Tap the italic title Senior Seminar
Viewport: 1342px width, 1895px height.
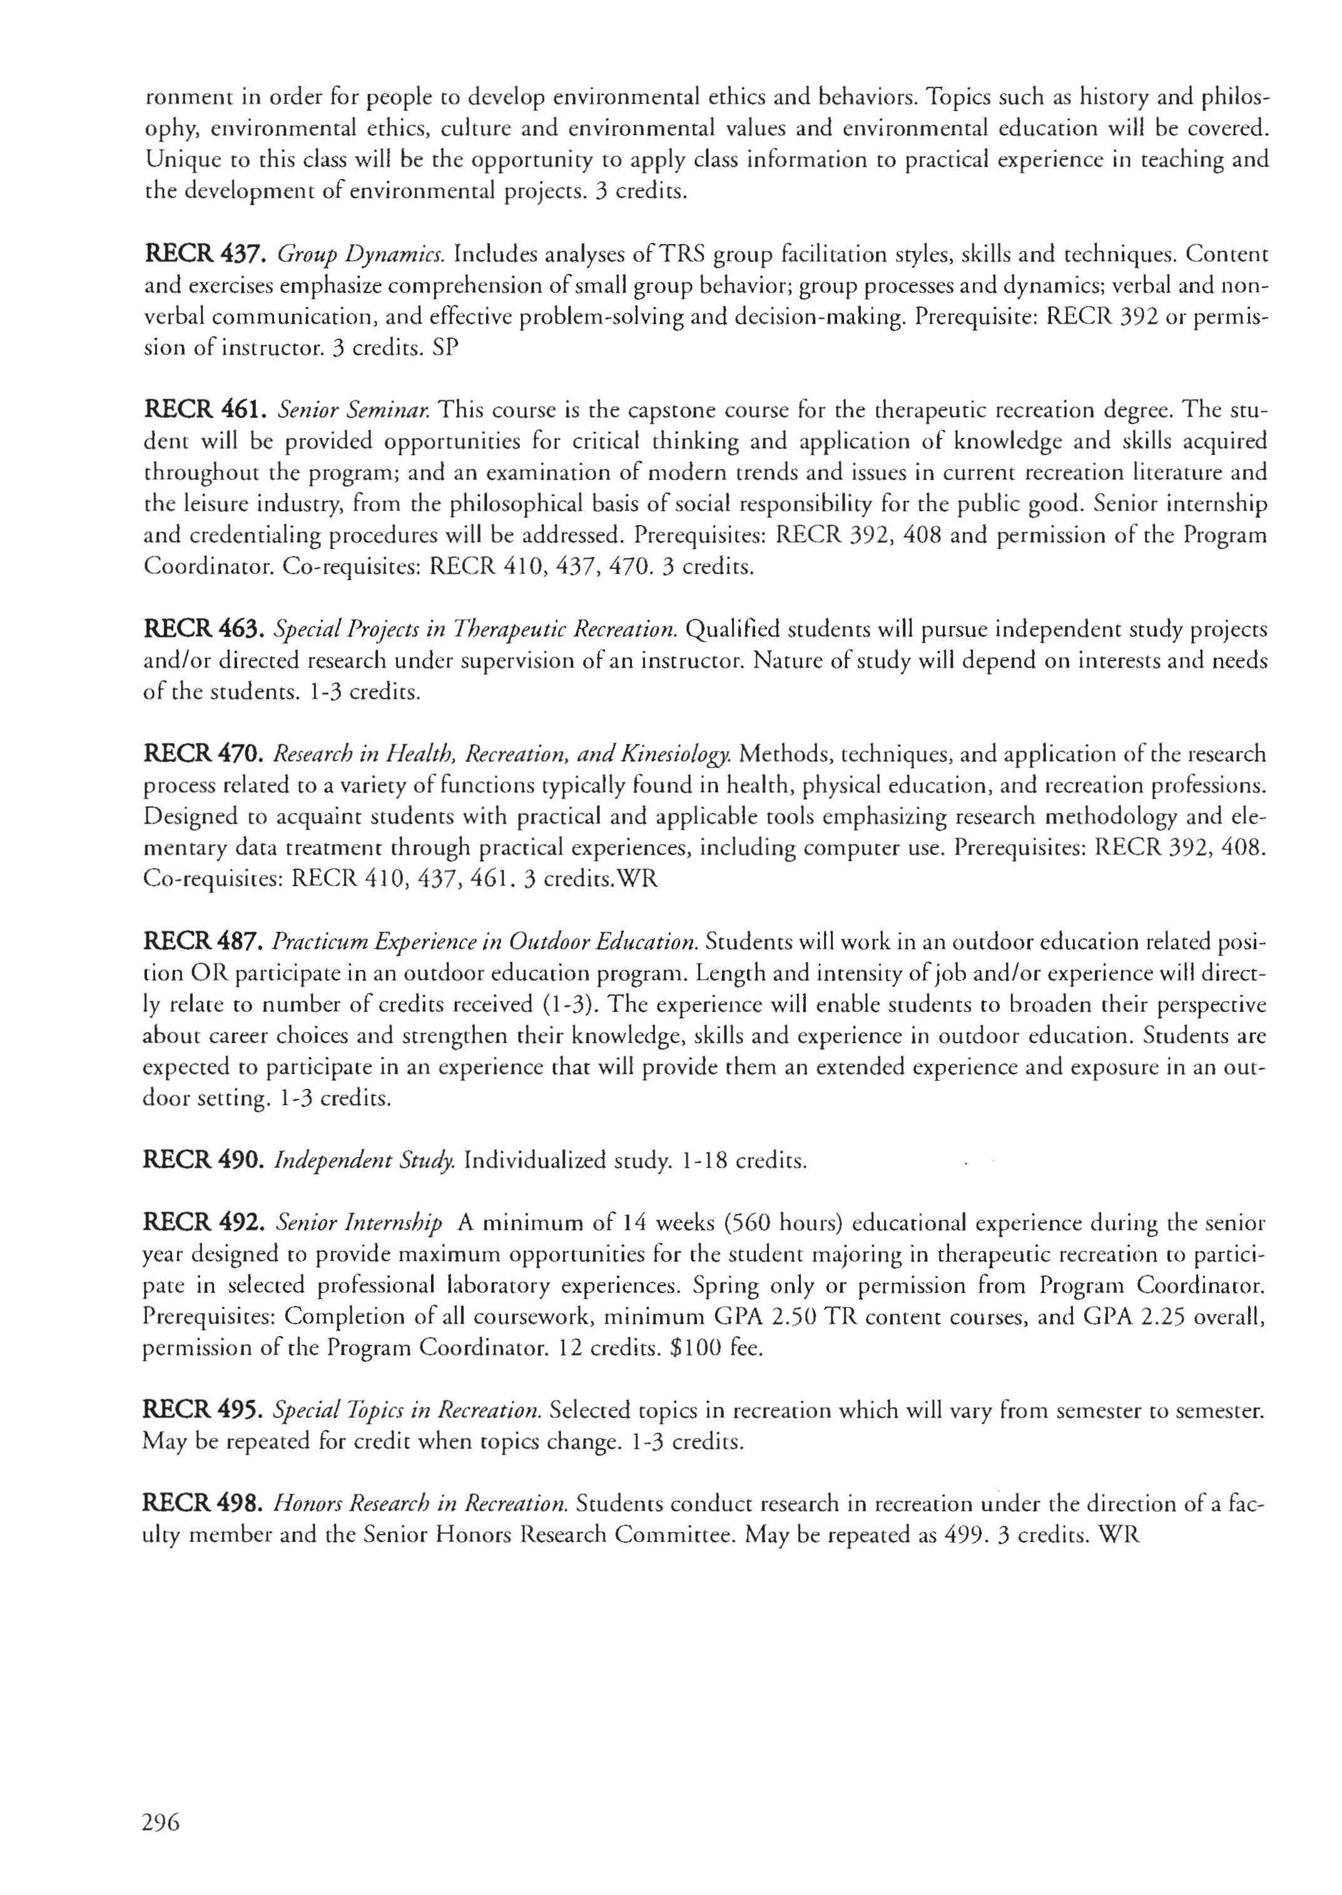click(x=353, y=411)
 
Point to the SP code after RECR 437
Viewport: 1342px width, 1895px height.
click(x=445, y=349)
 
